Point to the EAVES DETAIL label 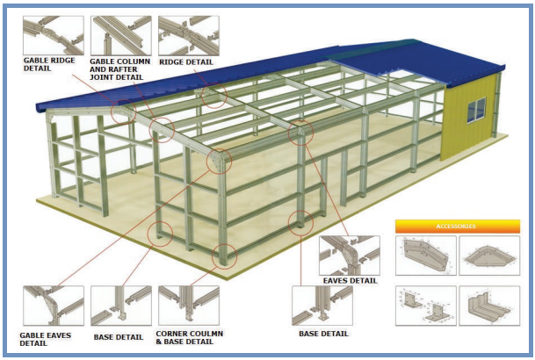[x=351, y=280]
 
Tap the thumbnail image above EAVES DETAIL [x=349, y=254]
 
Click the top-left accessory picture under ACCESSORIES [x=425, y=257]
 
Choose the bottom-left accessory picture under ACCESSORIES [x=425, y=306]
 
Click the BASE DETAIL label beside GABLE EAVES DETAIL [x=119, y=335]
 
